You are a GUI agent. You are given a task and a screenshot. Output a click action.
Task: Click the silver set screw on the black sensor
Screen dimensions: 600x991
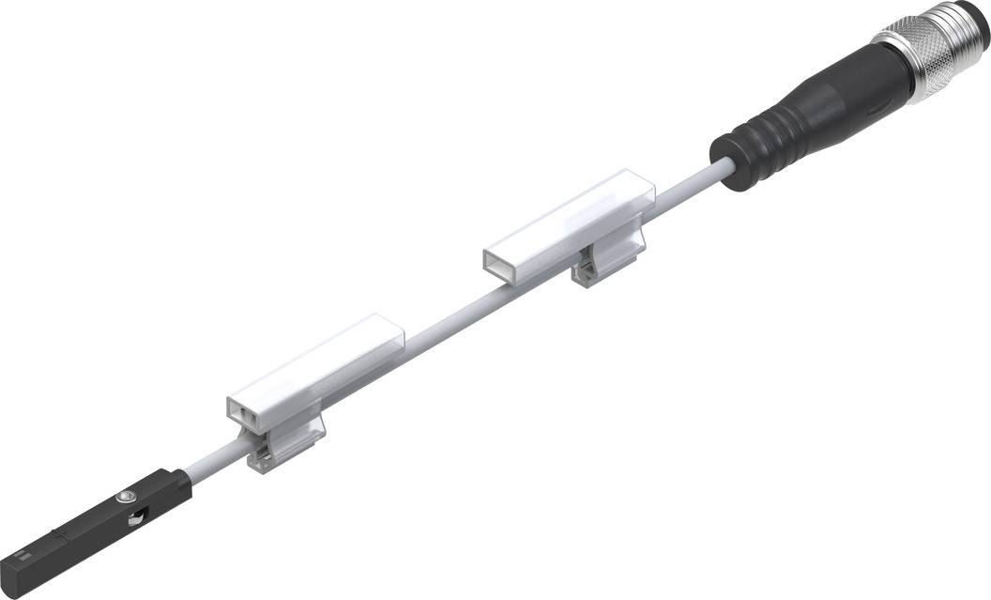(126, 493)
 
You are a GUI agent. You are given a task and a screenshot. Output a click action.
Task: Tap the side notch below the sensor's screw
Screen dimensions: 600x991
(137, 515)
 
